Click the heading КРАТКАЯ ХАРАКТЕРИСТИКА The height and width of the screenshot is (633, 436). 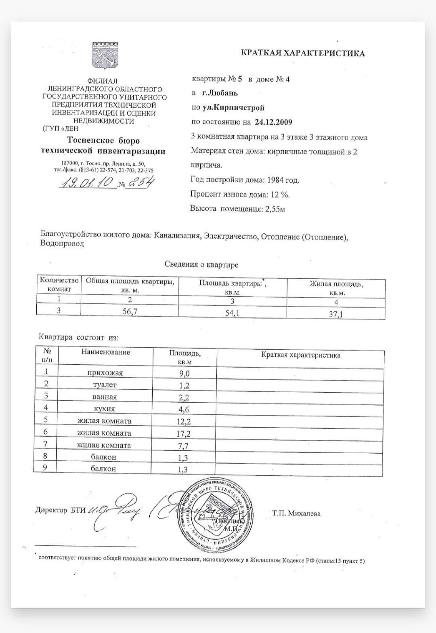point(302,53)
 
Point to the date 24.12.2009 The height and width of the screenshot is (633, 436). point(273,122)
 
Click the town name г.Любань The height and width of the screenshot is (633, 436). point(220,93)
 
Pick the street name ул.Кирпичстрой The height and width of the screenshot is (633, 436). point(233,107)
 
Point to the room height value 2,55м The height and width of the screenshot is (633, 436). point(275,209)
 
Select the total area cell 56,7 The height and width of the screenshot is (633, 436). point(130,311)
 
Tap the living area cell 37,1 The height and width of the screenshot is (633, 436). point(335,314)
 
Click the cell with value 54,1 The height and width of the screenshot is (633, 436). point(232,313)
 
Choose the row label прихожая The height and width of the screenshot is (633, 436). point(105,373)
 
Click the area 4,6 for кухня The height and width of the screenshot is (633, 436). point(184,410)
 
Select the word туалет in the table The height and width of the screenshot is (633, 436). point(105,385)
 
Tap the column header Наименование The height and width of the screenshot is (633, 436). point(106,352)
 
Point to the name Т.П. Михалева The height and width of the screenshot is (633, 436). point(296,513)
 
